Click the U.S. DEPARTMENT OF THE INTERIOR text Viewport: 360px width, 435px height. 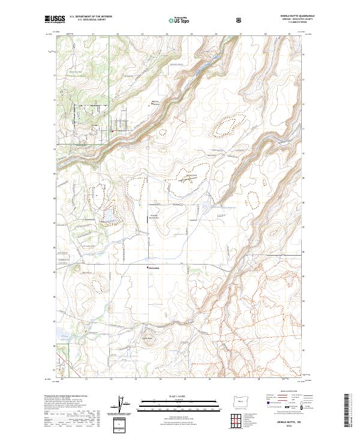90,17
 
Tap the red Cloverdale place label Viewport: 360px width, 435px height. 155,268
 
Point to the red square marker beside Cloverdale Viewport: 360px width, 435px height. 147,268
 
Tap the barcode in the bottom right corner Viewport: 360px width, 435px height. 348,410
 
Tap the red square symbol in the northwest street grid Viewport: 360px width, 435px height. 112,130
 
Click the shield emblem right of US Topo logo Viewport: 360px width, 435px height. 240,19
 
